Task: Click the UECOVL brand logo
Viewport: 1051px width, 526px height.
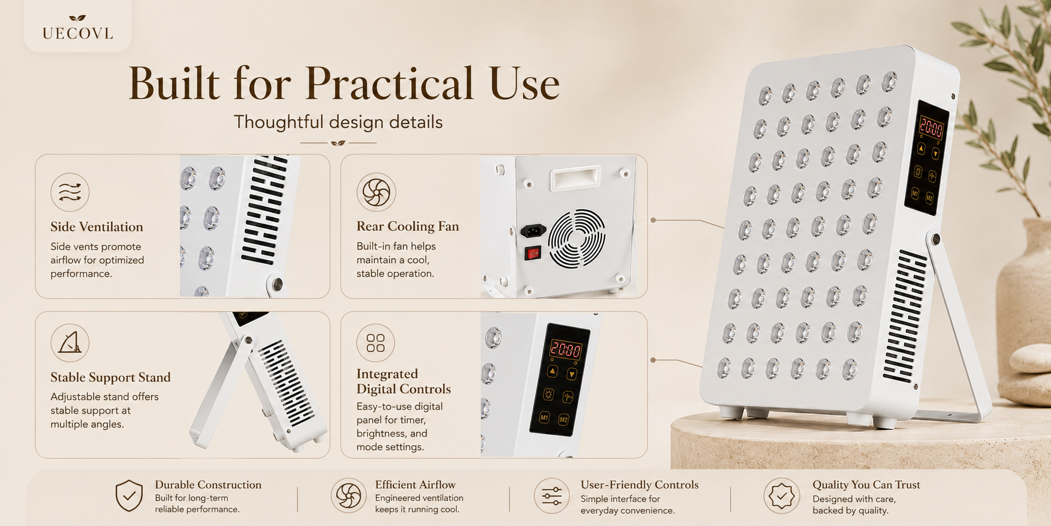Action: [x=78, y=28]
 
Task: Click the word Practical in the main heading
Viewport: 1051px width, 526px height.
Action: [x=390, y=83]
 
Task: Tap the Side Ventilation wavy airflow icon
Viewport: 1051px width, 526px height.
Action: [x=70, y=192]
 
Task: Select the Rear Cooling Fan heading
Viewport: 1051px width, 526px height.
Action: [x=408, y=226]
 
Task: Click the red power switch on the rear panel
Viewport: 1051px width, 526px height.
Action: [x=533, y=254]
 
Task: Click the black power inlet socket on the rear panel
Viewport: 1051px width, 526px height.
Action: [x=533, y=230]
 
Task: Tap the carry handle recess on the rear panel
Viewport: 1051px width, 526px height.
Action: [x=575, y=178]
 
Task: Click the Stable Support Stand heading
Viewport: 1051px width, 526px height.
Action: [x=110, y=377]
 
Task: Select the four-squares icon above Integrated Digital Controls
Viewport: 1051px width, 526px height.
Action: [x=376, y=343]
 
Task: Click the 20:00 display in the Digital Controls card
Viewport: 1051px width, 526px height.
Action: [x=566, y=349]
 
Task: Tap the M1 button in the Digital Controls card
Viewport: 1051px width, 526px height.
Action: [x=544, y=417]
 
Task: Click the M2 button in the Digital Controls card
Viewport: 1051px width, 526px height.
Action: [x=563, y=419]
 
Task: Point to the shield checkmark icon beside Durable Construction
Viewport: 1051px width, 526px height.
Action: [x=129, y=496]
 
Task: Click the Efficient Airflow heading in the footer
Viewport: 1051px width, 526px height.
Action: [x=415, y=484]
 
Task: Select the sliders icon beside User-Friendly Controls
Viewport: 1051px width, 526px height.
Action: [x=552, y=496]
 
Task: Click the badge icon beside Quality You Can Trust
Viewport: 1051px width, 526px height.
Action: [x=782, y=496]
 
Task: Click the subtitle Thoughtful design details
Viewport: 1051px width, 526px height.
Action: [x=338, y=122]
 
